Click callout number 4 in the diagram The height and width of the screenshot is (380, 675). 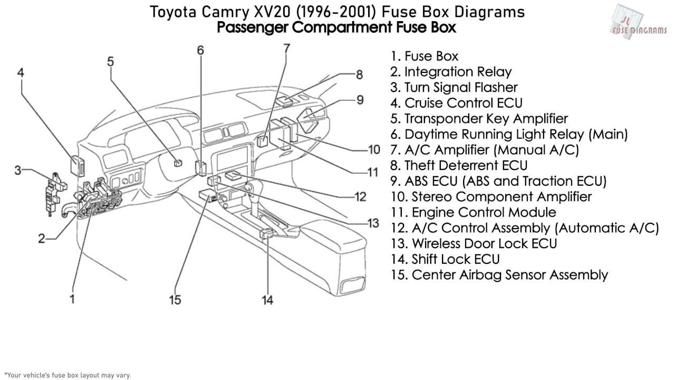click(21, 73)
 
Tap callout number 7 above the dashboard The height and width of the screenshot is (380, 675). click(286, 49)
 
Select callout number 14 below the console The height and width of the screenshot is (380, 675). click(267, 300)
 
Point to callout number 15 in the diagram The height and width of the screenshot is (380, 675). click(175, 300)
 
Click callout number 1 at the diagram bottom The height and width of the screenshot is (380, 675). click(72, 299)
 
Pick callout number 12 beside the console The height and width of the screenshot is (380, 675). click(360, 197)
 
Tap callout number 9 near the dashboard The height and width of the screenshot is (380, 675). click(360, 100)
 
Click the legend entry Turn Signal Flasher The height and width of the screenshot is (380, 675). click(454, 88)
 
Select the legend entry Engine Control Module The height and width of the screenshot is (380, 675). click(474, 212)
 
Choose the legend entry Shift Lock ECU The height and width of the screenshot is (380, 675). click(445, 259)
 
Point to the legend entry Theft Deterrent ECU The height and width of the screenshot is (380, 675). click(459, 166)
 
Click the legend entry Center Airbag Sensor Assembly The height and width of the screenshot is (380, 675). click(499, 275)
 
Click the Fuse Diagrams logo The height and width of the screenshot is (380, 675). click(638, 22)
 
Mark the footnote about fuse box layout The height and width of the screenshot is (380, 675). click(68, 375)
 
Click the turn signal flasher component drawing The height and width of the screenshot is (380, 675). click(55, 194)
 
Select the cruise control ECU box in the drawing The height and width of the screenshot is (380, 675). click(78, 166)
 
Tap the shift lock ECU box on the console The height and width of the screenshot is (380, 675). click(267, 234)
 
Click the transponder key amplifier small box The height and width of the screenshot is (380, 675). click(178, 163)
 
